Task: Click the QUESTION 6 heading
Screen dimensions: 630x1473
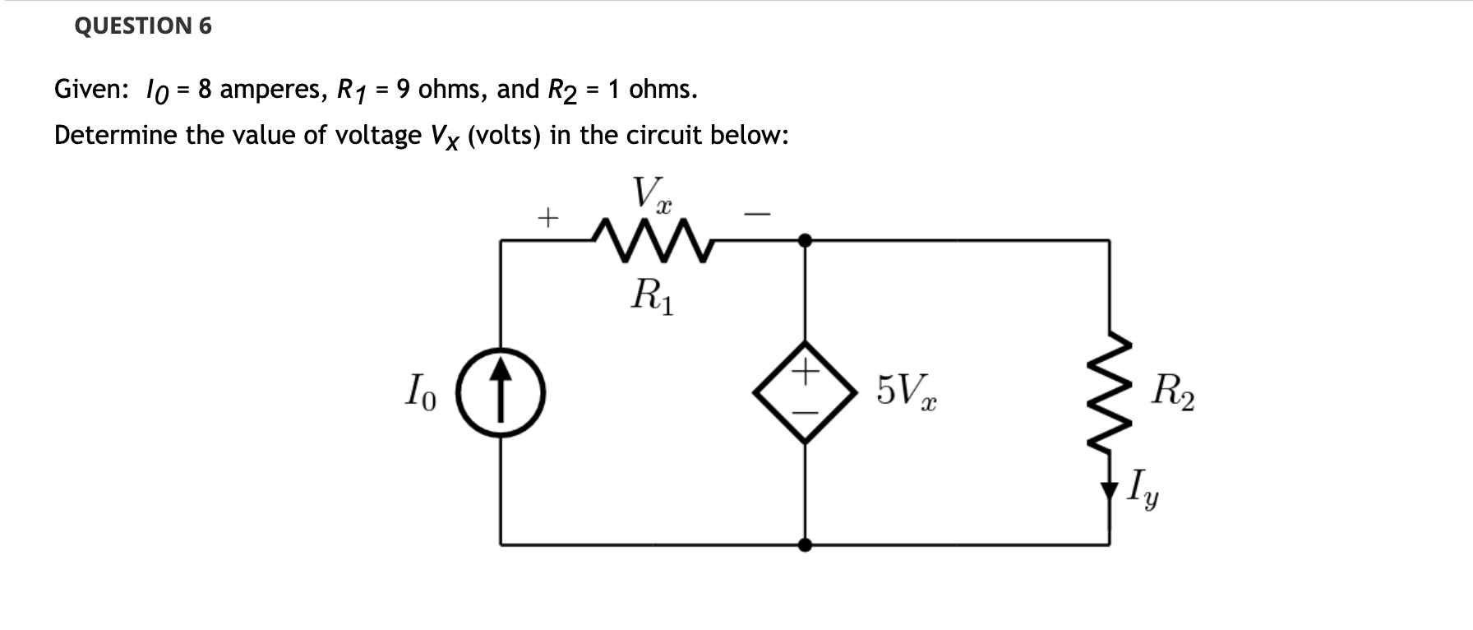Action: pos(143,26)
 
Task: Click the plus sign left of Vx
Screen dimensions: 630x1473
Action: pos(547,219)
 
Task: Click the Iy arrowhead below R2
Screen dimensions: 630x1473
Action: pos(1110,490)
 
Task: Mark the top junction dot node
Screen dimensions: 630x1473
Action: pos(805,240)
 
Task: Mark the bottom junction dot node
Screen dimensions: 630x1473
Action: pos(805,544)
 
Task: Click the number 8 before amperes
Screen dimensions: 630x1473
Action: pos(205,89)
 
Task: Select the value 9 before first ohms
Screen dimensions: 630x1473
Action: pos(403,89)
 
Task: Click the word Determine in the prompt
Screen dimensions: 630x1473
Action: pos(116,135)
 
